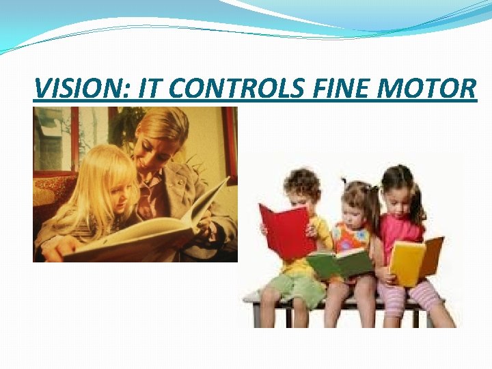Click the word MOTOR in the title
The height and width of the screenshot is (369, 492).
pyautogui.click(x=428, y=89)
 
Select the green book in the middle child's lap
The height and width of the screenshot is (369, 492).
pyautogui.click(x=339, y=263)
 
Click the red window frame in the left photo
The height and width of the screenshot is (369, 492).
pyautogui.click(x=228, y=137)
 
